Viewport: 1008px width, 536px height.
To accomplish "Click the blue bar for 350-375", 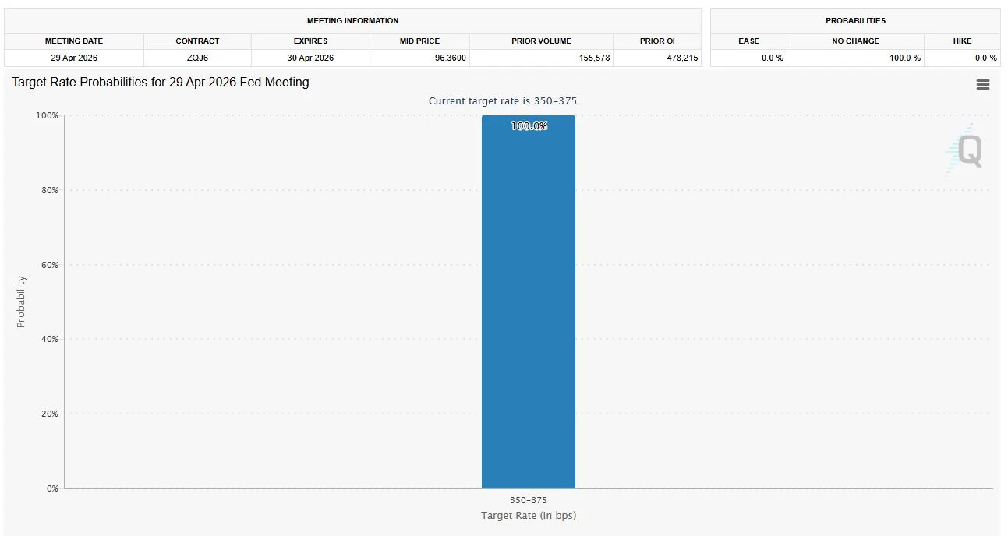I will (x=528, y=312).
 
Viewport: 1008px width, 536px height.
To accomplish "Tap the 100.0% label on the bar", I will (x=529, y=125).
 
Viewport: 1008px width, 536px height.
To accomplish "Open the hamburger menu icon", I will (x=982, y=85).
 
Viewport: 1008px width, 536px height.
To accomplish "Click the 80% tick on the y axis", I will (x=48, y=190).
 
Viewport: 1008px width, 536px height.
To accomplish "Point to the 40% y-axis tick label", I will (x=48, y=340).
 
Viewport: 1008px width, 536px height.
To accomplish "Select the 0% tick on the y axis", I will (x=51, y=488).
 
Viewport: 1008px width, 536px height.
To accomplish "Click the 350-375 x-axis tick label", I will (x=529, y=500).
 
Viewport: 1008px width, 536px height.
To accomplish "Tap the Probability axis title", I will (x=21, y=301).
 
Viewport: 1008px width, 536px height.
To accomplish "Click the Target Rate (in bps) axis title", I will (x=529, y=515).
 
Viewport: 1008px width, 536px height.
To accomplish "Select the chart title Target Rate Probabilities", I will (x=161, y=82).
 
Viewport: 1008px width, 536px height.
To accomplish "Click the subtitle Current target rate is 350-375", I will (x=503, y=101).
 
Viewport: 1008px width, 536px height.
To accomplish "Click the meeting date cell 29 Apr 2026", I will (x=74, y=58).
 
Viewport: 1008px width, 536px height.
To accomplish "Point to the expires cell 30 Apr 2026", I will (x=310, y=58).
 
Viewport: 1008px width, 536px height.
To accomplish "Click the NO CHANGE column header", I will (x=855, y=41).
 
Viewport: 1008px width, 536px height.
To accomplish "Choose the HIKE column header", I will (x=962, y=41).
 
